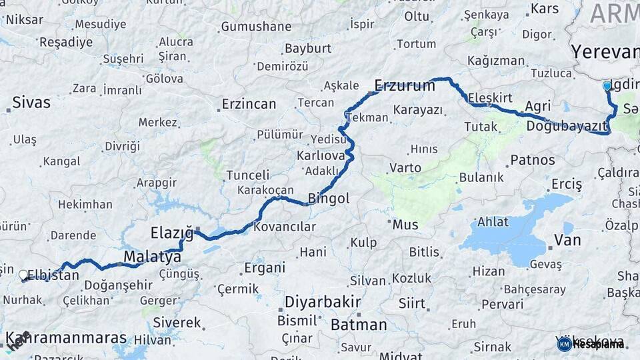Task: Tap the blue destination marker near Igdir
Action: (x=607, y=86)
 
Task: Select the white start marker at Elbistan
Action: (x=23, y=275)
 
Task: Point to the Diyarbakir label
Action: (x=323, y=301)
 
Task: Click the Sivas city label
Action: (x=31, y=103)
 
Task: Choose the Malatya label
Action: (x=152, y=257)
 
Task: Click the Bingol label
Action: (x=329, y=198)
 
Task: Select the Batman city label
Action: (x=359, y=325)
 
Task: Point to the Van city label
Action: (x=567, y=241)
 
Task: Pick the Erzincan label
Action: (x=249, y=104)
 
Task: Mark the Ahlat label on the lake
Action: (x=493, y=221)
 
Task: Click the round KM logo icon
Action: (x=564, y=344)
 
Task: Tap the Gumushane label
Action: (x=256, y=27)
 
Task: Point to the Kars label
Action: (x=545, y=9)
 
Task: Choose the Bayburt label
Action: (x=307, y=49)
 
